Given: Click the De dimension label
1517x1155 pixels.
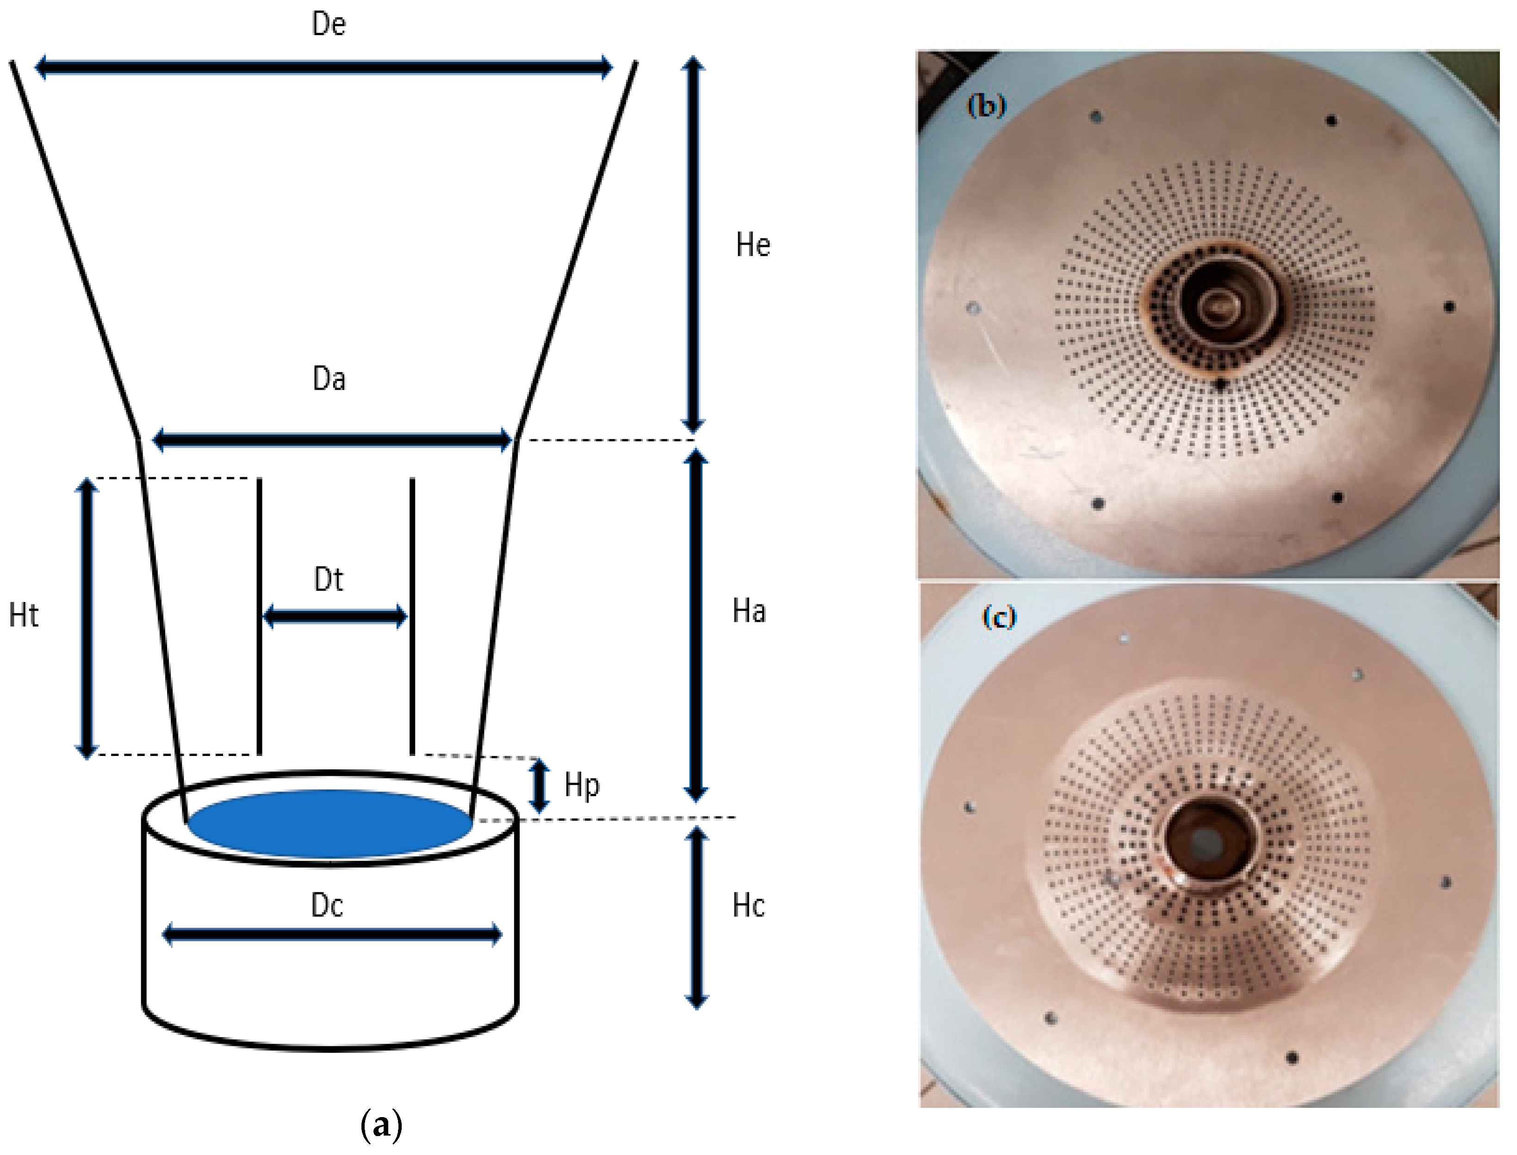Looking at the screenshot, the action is tap(329, 24).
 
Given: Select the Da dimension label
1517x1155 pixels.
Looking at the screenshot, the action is tap(329, 379).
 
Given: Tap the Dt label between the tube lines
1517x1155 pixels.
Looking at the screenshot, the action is tap(328, 579).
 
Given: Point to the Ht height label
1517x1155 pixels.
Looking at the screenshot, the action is tap(24, 615).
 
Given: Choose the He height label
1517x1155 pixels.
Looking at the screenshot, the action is tap(752, 245).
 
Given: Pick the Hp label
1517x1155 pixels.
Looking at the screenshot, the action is tap(581, 786).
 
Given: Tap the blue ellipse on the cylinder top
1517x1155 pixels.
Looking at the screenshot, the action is tap(330, 823).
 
